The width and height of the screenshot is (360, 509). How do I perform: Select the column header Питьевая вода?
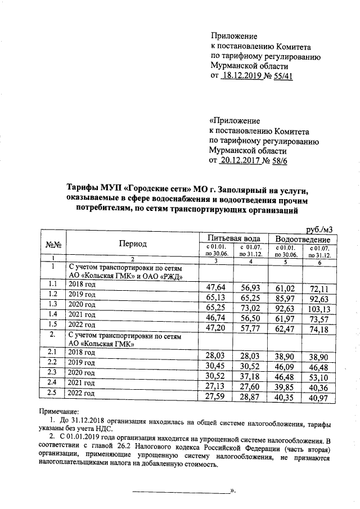point(233,238)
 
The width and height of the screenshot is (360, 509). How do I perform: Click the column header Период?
point(132,244)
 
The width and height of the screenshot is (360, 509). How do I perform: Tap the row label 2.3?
point(53,372)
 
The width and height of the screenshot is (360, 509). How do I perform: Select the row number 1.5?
point(53,325)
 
